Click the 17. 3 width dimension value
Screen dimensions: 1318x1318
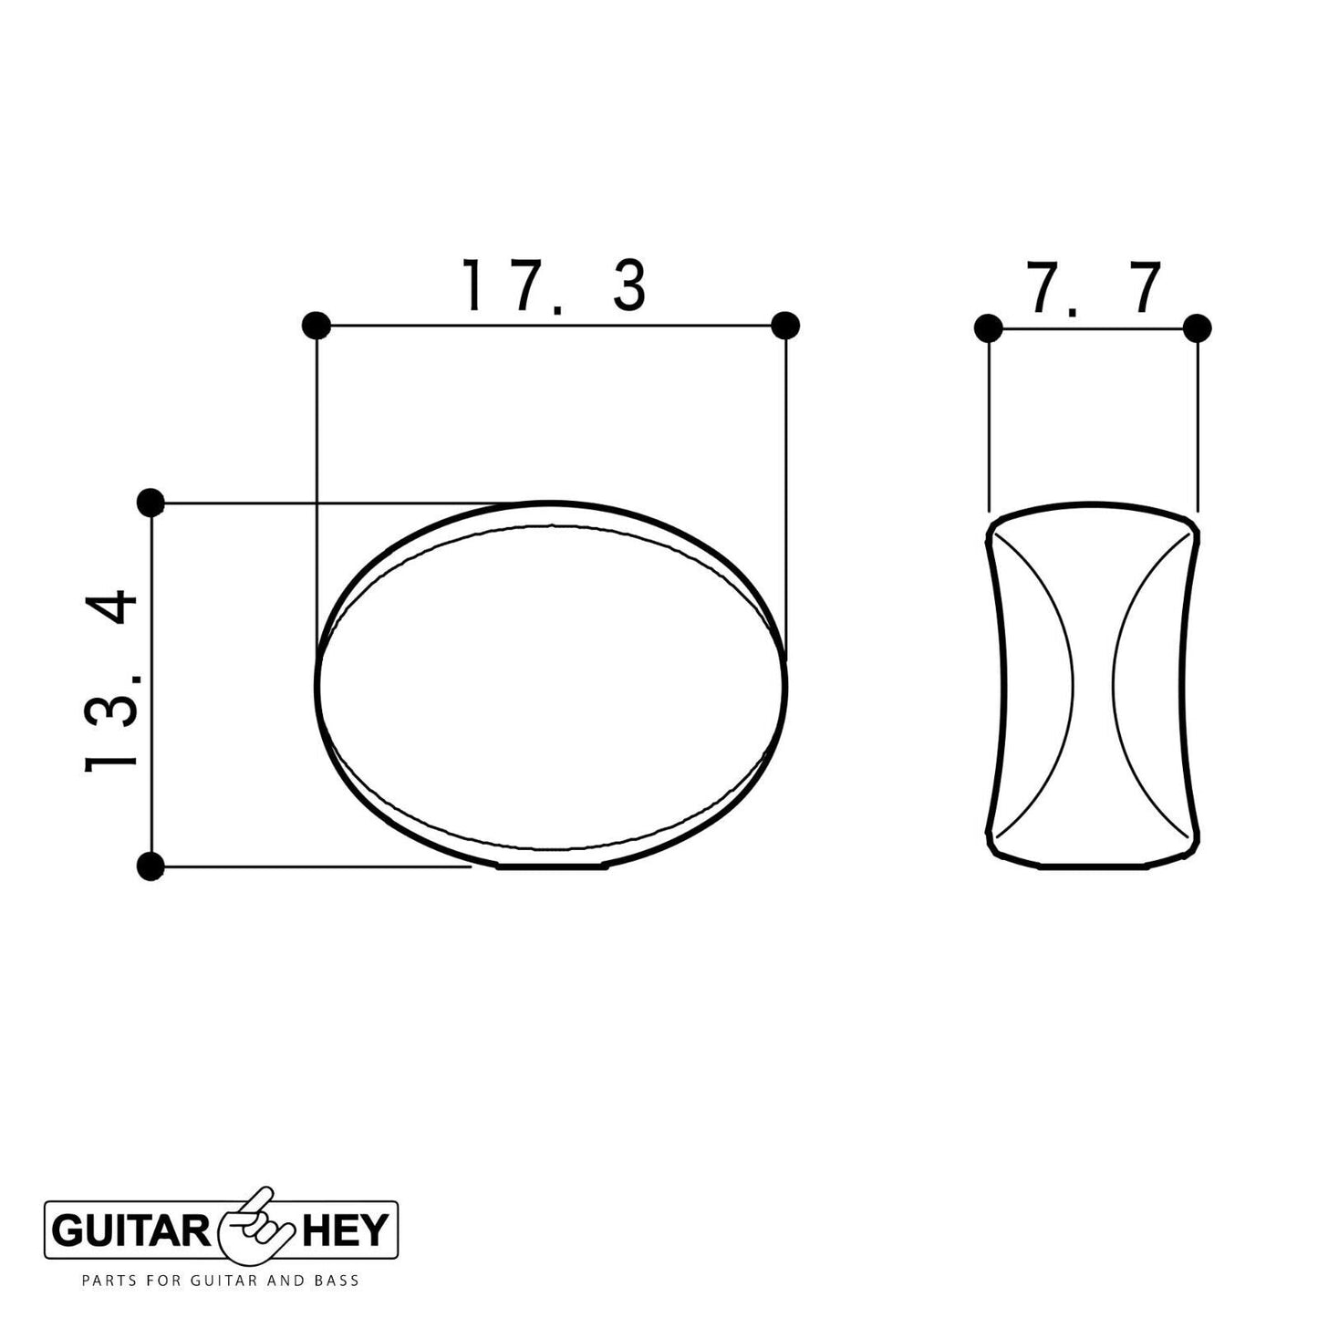(x=554, y=285)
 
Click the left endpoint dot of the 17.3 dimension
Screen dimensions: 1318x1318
(x=316, y=326)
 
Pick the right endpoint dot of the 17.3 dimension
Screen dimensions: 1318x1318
(x=785, y=325)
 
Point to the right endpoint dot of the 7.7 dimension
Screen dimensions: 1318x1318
(x=1197, y=328)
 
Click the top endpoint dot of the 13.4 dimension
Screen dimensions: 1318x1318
(x=150, y=503)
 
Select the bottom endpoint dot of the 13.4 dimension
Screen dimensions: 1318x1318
(x=150, y=867)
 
